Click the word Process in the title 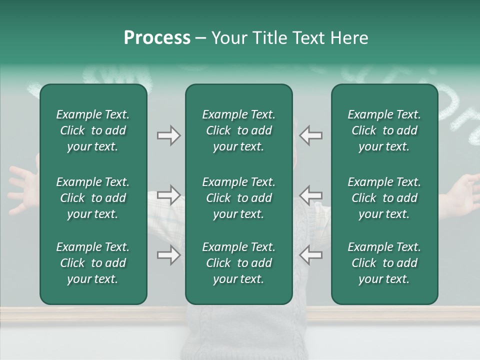157,38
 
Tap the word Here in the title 348,38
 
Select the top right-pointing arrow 168,135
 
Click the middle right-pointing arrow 168,194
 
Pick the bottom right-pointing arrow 168,255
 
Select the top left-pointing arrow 311,135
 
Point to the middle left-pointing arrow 311,194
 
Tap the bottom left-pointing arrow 311,255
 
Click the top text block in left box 93,130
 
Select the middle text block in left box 93,198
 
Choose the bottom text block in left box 93,263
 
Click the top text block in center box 239,130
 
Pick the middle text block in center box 239,198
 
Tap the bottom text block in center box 239,263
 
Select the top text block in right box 384,130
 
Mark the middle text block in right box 384,198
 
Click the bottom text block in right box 384,263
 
